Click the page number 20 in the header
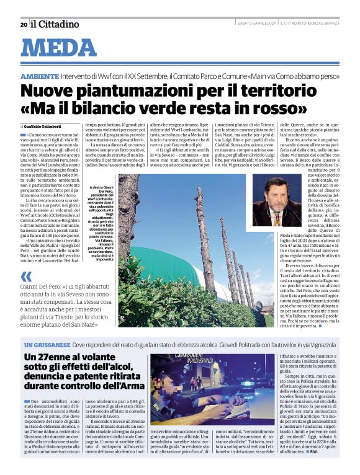pyautogui.click(x=24, y=24)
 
